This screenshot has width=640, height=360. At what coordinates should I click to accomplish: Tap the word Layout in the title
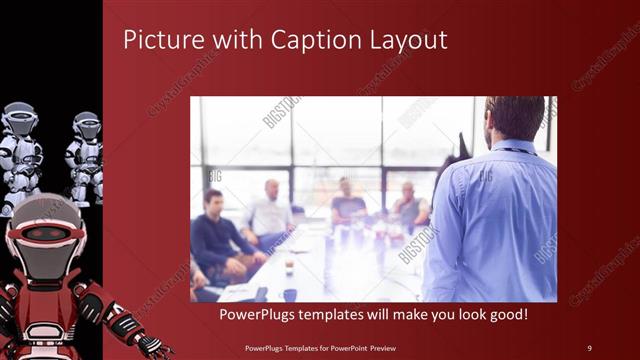point(407,40)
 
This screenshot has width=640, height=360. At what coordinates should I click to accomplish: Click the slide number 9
point(588,347)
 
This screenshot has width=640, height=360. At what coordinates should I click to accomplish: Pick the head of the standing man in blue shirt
point(515,117)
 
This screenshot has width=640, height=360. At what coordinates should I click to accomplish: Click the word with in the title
point(232,40)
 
